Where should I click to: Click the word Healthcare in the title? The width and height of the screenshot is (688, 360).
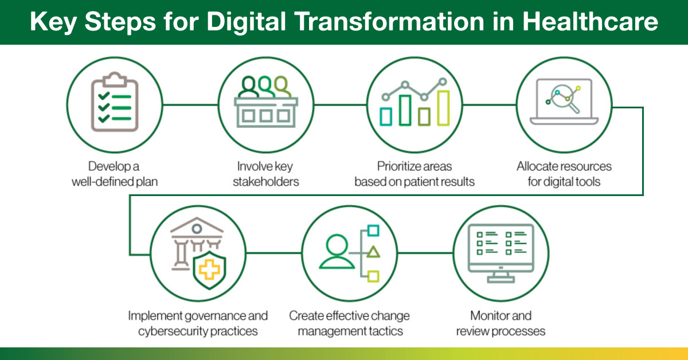pyautogui.click(x=590, y=22)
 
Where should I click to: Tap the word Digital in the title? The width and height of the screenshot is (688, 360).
pyautogui.click(x=247, y=22)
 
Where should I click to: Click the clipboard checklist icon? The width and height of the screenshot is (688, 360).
pyautogui.click(x=115, y=101)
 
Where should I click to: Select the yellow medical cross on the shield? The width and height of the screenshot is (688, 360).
pyautogui.click(x=209, y=269)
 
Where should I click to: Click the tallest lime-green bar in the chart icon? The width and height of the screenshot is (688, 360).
pyautogui.click(x=443, y=108)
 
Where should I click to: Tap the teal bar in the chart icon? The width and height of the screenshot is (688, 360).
pyautogui.click(x=386, y=117)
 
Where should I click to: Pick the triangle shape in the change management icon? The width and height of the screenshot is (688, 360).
pyautogui.click(x=373, y=252)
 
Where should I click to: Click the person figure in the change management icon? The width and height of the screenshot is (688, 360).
pyautogui.click(x=337, y=252)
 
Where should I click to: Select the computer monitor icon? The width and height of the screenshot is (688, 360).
pyautogui.click(x=501, y=253)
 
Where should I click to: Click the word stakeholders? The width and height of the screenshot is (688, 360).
pyautogui.click(x=265, y=182)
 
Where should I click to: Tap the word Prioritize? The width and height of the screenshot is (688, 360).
pyautogui.click(x=397, y=166)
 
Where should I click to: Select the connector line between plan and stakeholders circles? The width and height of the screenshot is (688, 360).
pyautogui.click(x=190, y=105)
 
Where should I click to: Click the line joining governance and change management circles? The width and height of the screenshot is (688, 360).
pyautogui.click(x=274, y=253)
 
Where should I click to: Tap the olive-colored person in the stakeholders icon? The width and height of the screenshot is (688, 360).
pyautogui.click(x=283, y=87)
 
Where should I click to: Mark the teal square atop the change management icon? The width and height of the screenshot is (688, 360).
pyautogui.click(x=373, y=230)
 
